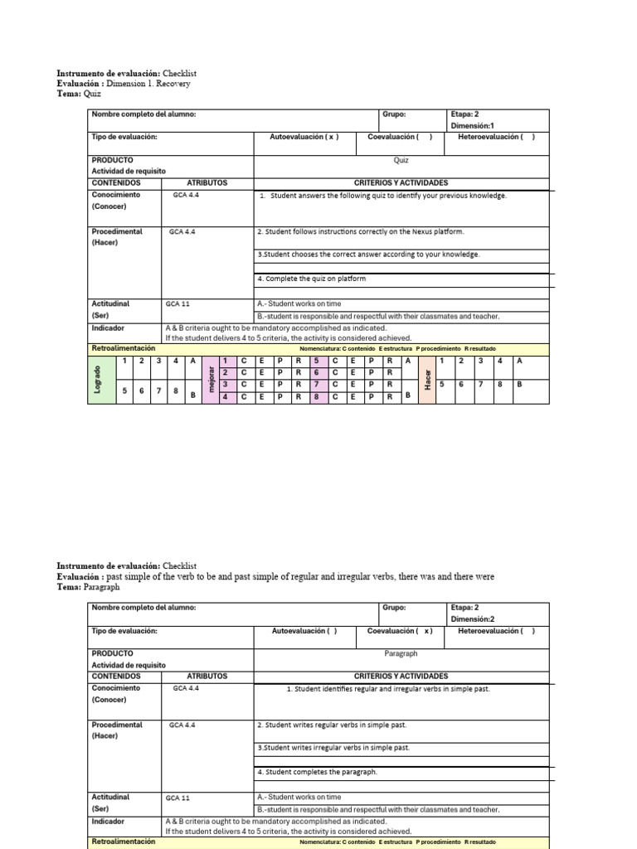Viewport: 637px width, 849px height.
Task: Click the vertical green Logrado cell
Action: (x=98, y=380)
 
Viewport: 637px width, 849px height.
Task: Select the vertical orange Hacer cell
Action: (x=427, y=380)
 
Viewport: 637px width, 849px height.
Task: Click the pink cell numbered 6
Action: (x=316, y=372)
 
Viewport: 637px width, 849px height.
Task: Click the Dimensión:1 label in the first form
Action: (x=474, y=126)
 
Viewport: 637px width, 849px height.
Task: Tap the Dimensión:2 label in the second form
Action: (x=474, y=619)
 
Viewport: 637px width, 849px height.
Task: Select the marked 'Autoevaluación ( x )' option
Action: (x=304, y=137)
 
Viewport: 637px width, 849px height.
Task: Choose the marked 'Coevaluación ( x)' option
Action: (x=401, y=631)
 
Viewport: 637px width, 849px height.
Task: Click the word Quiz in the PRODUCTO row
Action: (x=401, y=161)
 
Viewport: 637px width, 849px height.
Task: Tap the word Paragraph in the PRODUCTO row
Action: (x=401, y=653)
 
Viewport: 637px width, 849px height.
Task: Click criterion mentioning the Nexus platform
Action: (x=360, y=232)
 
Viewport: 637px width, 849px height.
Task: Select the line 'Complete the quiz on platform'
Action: (x=311, y=279)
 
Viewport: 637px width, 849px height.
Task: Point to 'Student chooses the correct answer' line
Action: (x=368, y=255)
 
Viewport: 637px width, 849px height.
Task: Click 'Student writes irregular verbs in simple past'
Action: (x=333, y=747)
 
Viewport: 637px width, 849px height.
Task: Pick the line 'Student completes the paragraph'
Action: (x=317, y=772)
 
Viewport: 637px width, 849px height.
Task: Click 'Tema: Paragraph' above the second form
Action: (x=88, y=587)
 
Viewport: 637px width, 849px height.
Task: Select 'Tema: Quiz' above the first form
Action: (x=79, y=94)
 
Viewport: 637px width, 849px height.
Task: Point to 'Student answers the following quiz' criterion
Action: (x=382, y=196)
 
